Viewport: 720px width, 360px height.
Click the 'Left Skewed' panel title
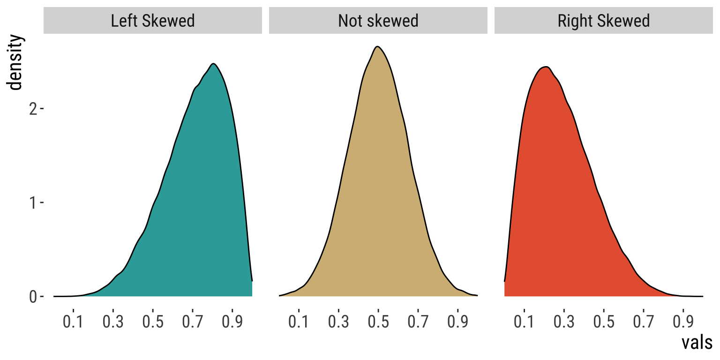click(153, 21)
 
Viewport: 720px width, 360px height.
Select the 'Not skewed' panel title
click(378, 21)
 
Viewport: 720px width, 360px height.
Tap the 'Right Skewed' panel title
click(604, 21)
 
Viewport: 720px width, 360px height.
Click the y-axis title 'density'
click(15, 63)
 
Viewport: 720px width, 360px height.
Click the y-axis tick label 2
click(33, 109)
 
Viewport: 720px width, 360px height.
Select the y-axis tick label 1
click(33, 202)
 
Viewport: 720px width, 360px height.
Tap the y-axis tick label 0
click(33, 297)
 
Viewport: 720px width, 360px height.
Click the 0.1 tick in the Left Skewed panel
click(73, 322)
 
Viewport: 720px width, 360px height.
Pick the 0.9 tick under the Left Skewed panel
click(233, 322)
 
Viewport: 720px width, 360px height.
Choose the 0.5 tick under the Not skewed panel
click(379, 322)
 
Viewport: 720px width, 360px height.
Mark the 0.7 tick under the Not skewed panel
click(419, 322)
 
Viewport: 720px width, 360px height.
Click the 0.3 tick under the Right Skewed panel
click(564, 322)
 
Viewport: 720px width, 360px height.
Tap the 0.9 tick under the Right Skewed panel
click(684, 322)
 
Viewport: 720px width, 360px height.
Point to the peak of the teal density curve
click(214, 64)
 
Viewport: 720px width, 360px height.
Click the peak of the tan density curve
click(377, 46)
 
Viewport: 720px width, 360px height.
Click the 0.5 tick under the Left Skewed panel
click(153, 322)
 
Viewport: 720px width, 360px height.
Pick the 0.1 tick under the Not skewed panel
click(299, 322)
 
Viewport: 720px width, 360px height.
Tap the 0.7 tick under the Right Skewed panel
click(644, 322)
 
